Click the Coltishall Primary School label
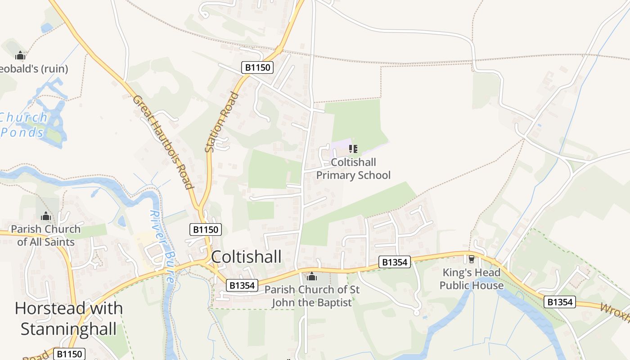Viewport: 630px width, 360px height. click(x=353, y=169)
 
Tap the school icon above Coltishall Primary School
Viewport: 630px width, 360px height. click(x=353, y=148)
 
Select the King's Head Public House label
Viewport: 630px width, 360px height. click(x=471, y=279)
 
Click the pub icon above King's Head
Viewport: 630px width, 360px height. click(x=472, y=259)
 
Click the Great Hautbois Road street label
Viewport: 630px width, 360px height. click(x=163, y=142)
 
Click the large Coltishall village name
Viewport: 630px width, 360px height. click(x=246, y=256)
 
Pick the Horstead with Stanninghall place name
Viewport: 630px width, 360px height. click(x=68, y=319)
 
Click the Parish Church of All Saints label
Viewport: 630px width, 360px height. click(x=45, y=235)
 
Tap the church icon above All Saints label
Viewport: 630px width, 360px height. click(x=45, y=217)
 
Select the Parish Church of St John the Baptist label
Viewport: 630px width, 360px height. click(x=312, y=296)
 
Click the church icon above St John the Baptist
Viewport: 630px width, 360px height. click(x=312, y=276)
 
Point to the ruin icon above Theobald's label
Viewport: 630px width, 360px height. click(x=20, y=56)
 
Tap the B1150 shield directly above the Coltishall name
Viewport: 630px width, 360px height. click(x=205, y=229)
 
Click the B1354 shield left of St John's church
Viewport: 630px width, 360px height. click(x=242, y=285)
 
